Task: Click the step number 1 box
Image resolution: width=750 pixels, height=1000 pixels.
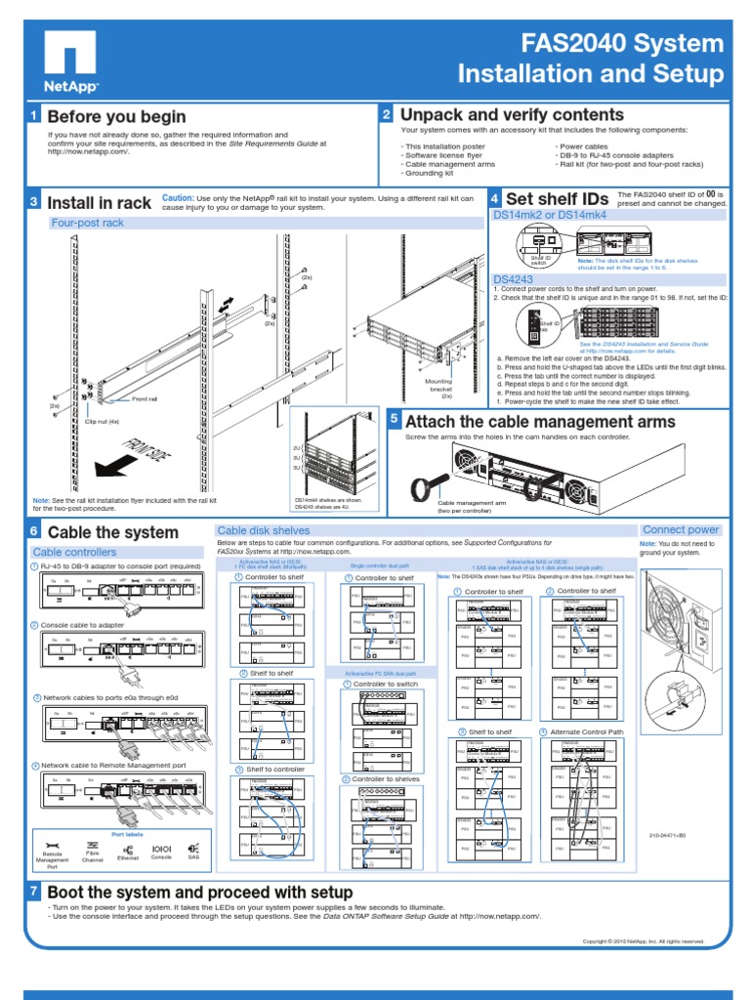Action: pyautogui.click(x=33, y=117)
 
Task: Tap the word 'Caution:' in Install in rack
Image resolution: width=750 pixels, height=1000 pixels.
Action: pyautogui.click(x=179, y=197)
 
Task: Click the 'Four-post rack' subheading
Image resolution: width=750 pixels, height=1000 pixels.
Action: pyautogui.click(x=88, y=223)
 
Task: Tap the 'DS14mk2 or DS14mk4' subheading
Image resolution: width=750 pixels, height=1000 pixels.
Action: pyautogui.click(x=550, y=214)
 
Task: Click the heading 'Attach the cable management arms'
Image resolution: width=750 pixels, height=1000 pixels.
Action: pyautogui.click(x=539, y=422)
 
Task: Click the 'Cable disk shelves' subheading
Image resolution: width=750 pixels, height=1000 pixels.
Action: pyautogui.click(x=257, y=530)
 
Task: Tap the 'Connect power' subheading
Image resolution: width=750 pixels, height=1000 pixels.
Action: pyautogui.click(x=680, y=529)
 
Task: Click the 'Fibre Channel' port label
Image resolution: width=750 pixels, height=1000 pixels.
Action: pyautogui.click(x=93, y=856)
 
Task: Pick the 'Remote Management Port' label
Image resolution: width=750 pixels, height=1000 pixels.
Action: pyautogui.click(x=52, y=859)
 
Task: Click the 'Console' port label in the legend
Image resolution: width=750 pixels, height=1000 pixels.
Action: pyautogui.click(x=161, y=855)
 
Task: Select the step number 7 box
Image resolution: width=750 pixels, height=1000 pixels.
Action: pyautogui.click(x=33, y=893)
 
